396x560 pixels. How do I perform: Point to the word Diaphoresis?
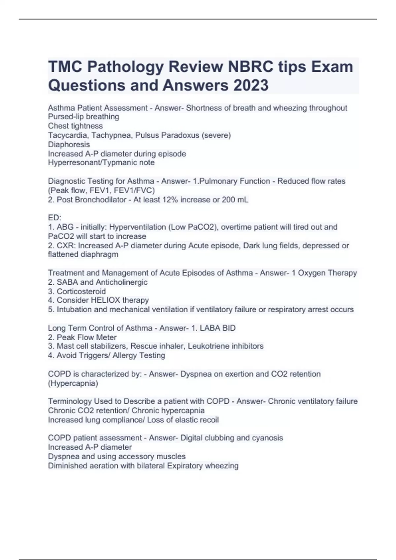(69, 144)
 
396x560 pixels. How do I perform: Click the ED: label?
(54, 218)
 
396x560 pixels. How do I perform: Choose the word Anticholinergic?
(122, 282)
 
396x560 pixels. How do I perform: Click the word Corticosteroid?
(81, 291)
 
